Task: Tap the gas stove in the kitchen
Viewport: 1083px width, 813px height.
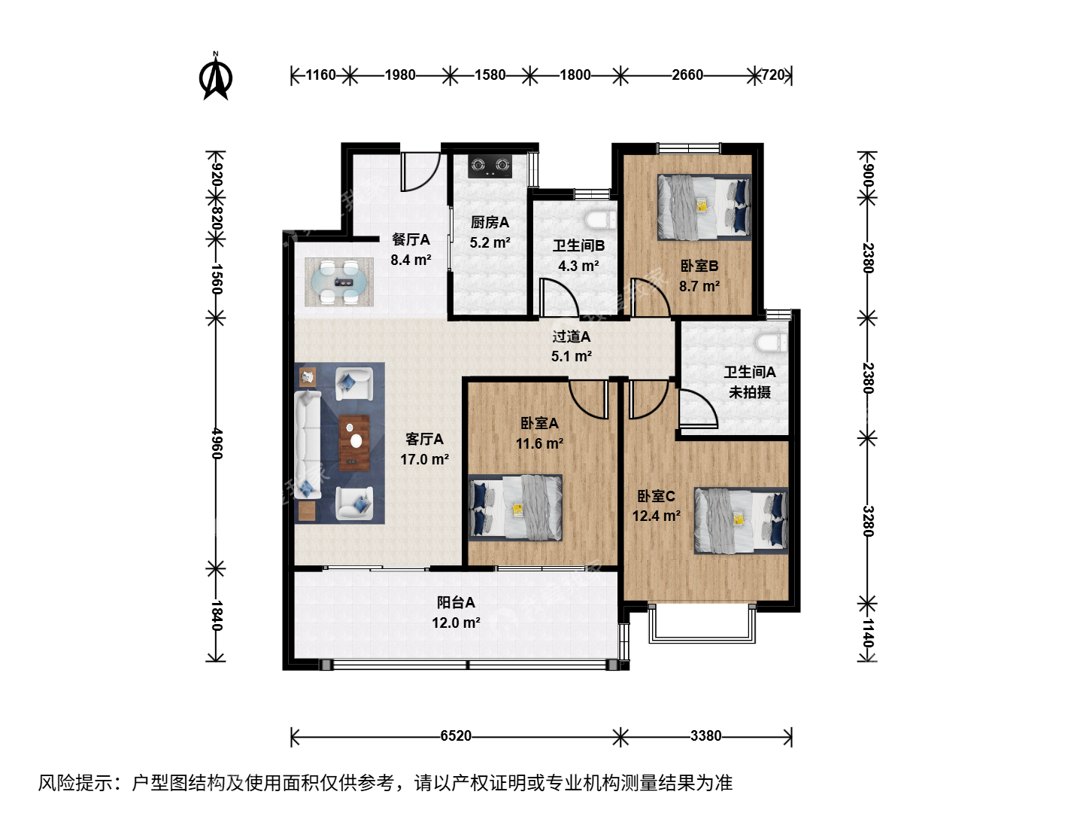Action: click(x=490, y=166)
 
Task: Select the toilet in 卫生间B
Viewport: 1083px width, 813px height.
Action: click(x=600, y=219)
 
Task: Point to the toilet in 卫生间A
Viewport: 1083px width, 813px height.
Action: click(x=771, y=342)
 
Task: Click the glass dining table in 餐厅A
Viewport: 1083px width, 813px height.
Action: click(x=339, y=282)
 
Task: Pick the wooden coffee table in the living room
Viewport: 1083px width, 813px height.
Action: click(x=354, y=443)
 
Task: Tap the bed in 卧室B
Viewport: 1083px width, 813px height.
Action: click(x=705, y=207)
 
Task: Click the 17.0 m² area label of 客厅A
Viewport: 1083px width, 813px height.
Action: click(x=424, y=459)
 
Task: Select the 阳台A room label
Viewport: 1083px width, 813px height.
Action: click(x=456, y=602)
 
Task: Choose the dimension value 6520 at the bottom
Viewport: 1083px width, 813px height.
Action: click(x=456, y=736)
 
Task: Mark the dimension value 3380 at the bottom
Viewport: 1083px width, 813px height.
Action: click(x=705, y=736)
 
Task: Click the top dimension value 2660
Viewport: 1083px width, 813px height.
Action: click(x=687, y=75)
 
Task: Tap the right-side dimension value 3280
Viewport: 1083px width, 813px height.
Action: click(x=868, y=521)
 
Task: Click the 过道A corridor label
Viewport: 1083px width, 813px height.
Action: click(x=572, y=336)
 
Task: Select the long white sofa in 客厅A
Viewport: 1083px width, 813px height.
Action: click(x=308, y=444)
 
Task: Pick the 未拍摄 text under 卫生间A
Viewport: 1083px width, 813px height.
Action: click(x=750, y=392)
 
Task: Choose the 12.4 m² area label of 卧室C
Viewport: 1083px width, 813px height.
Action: click(x=657, y=516)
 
